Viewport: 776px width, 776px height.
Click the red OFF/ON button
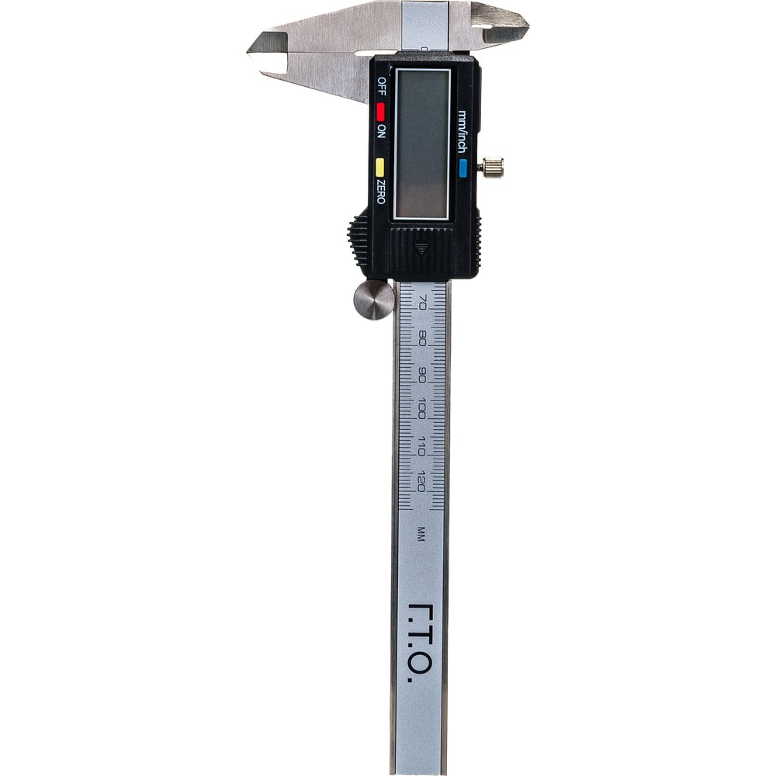[380, 112]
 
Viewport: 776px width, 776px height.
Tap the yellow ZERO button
[380, 168]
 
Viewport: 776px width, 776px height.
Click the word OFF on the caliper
[382, 86]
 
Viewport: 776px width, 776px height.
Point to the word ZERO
[380, 191]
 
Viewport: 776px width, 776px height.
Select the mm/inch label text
[462, 132]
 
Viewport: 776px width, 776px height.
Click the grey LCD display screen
[422, 144]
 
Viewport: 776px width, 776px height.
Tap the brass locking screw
[490, 167]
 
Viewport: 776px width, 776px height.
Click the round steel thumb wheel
[374, 300]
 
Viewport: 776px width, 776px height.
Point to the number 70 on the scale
[422, 302]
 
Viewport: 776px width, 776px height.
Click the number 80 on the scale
[422, 338]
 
